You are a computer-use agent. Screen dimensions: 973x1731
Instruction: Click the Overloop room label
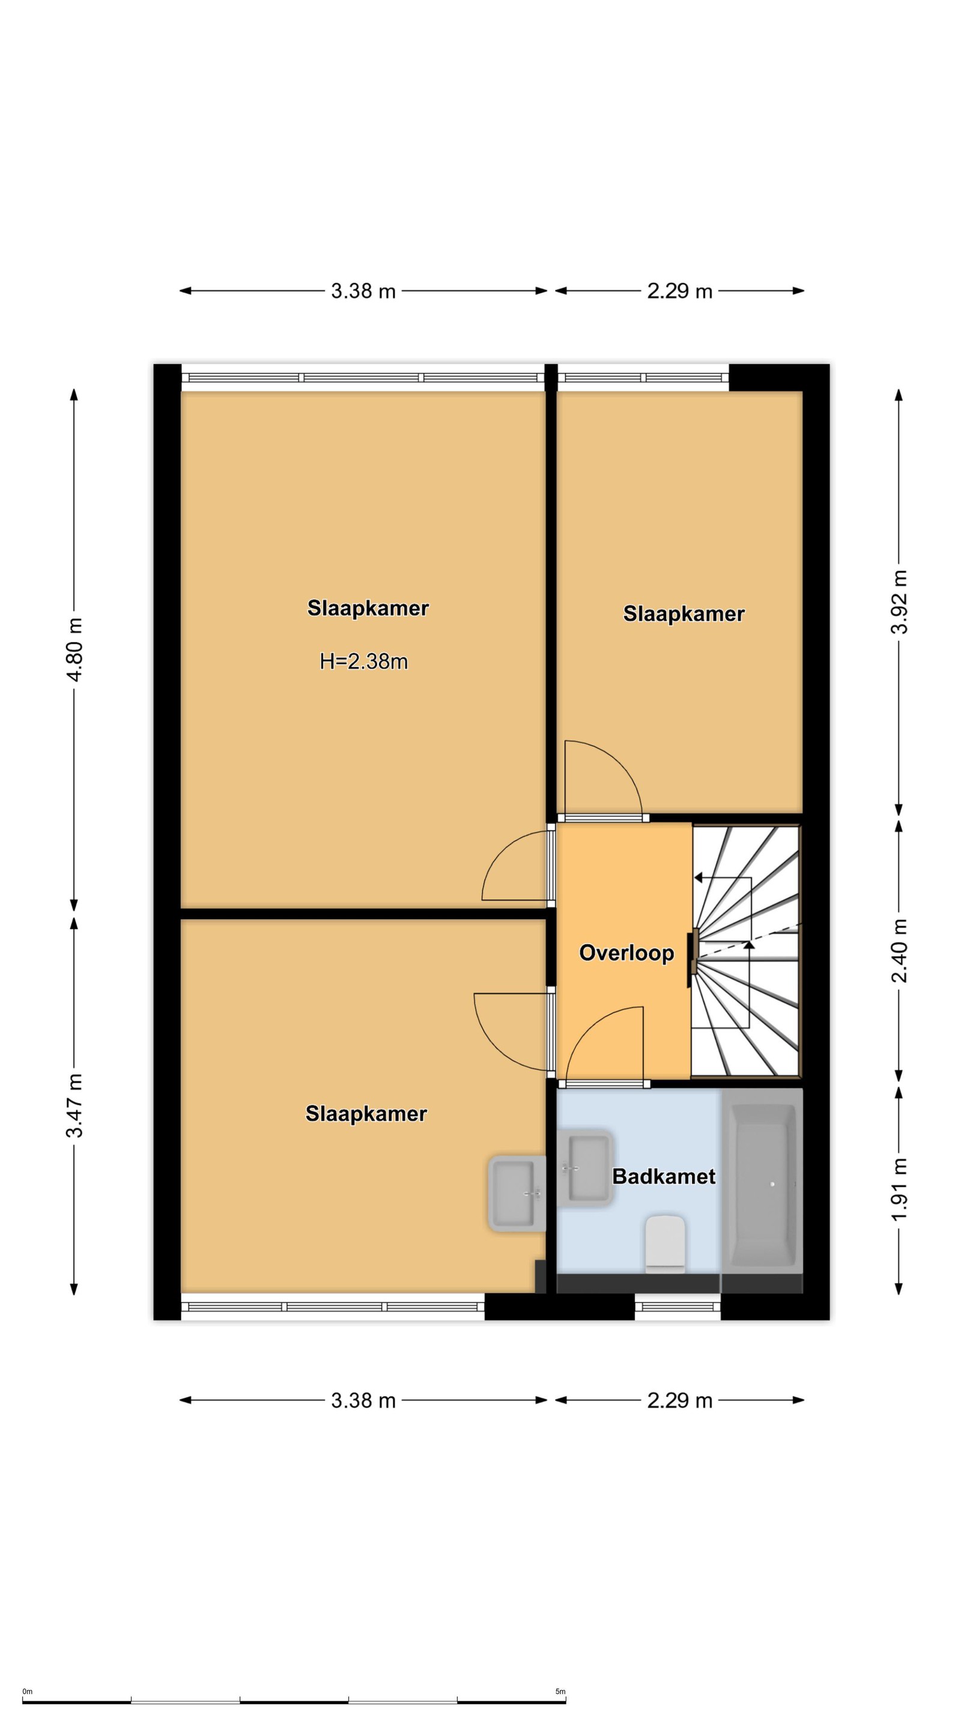[x=626, y=953]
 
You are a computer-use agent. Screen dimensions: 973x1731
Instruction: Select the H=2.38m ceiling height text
[x=363, y=661]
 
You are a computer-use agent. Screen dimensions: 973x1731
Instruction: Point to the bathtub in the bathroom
[x=762, y=1190]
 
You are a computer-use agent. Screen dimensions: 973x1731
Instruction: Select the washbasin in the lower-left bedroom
[x=517, y=1194]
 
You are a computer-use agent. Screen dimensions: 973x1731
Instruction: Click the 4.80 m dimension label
[x=74, y=649]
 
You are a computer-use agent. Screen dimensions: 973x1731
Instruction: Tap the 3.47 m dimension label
[x=74, y=1105]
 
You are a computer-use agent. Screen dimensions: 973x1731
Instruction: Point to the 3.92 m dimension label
[x=899, y=602]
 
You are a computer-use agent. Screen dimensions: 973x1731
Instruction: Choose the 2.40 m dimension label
[x=899, y=950]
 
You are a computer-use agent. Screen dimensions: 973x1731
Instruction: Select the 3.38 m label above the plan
[x=363, y=291]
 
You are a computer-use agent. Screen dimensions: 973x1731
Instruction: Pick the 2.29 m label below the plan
[x=679, y=1400]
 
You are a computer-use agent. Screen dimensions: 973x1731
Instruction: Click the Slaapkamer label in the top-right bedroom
[x=684, y=614]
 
